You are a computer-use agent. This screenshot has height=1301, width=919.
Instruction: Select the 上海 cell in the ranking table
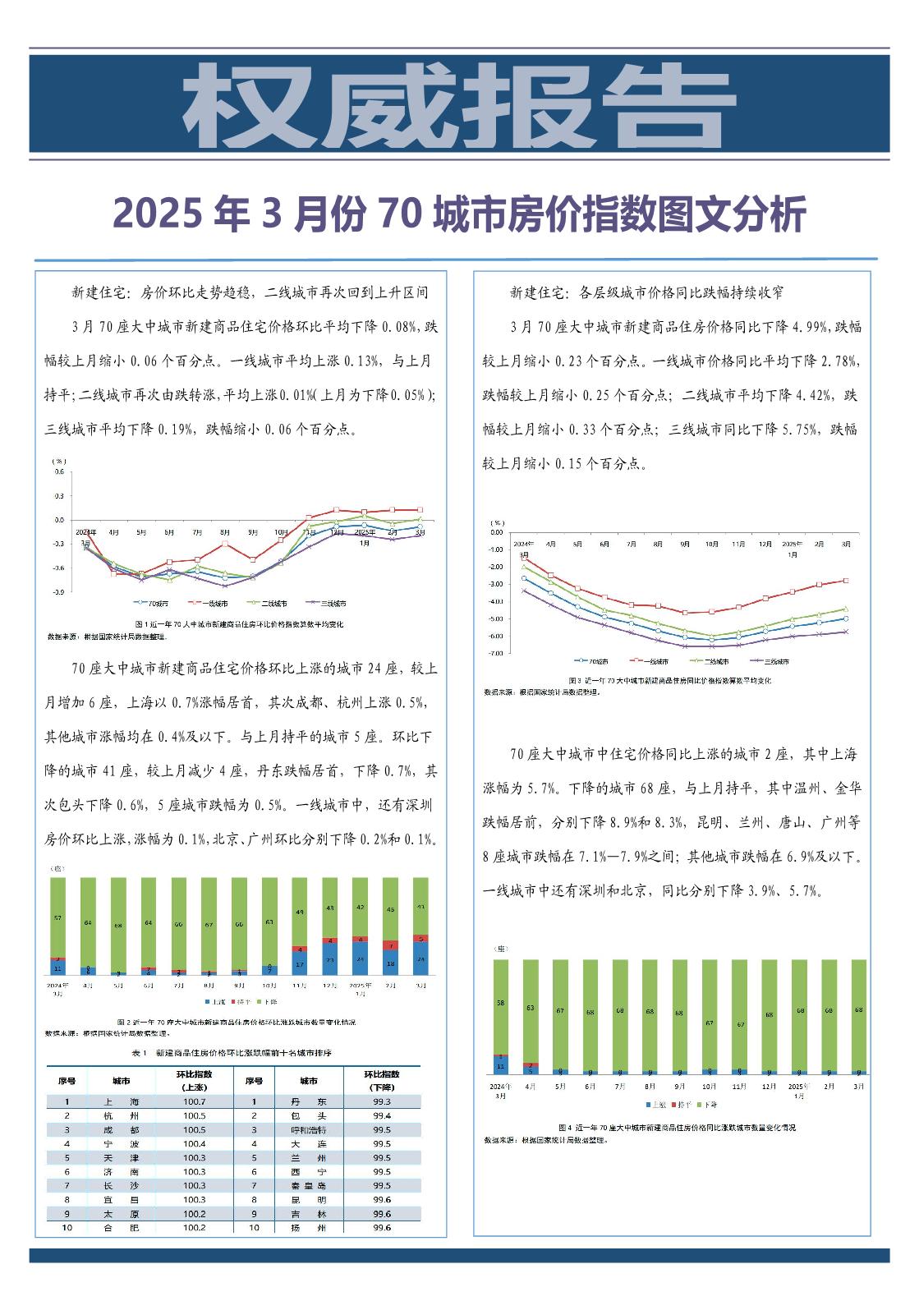tap(120, 1101)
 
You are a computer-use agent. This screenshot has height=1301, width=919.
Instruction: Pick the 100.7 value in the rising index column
tap(194, 1101)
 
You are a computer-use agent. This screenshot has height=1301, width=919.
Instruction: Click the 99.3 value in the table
tap(381, 1101)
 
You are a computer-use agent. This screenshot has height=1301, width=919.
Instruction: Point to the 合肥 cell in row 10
tap(120, 1227)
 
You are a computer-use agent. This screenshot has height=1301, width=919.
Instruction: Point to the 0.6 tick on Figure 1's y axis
tap(59, 472)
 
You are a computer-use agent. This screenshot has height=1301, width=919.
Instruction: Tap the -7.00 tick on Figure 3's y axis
tap(495, 654)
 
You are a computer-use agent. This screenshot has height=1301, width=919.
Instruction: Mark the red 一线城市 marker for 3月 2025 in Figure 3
tap(846, 581)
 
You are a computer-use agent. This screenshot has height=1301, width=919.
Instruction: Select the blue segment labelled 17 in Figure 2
tap(300, 963)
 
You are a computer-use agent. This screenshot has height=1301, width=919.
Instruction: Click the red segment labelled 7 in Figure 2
tap(390, 945)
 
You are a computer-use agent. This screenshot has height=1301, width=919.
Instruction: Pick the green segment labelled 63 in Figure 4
tap(531, 1007)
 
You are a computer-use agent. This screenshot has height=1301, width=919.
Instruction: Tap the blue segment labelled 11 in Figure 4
tap(501, 1066)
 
